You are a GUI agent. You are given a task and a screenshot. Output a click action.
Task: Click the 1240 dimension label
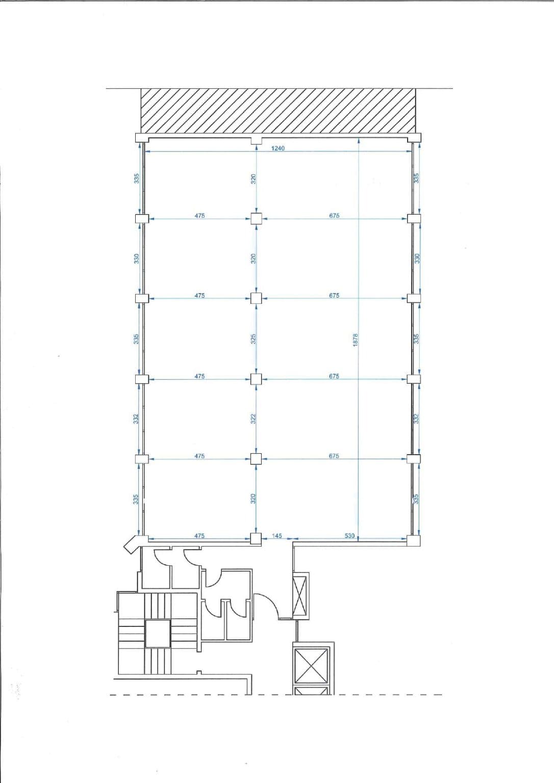[x=278, y=148]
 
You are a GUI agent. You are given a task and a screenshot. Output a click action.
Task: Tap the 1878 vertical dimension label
[x=356, y=340]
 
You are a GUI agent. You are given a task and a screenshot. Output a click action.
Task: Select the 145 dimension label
[x=276, y=536]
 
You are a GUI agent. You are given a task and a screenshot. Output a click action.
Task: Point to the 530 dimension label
[x=349, y=536]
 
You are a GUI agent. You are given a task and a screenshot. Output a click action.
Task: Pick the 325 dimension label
[x=254, y=338]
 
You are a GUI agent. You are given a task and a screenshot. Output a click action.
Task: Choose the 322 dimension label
[x=254, y=419]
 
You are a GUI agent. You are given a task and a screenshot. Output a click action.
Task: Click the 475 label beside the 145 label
[x=199, y=536]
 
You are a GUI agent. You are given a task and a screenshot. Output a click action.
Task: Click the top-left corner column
[x=142, y=138]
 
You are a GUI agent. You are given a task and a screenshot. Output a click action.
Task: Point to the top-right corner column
[x=414, y=138]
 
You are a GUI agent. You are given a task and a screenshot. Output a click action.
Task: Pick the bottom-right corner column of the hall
[x=414, y=540]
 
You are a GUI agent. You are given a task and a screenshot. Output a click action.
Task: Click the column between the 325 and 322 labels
[x=256, y=379]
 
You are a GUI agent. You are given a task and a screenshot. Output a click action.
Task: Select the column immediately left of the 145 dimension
[x=256, y=539]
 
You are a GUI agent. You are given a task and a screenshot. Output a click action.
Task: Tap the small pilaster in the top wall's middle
[x=257, y=141]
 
